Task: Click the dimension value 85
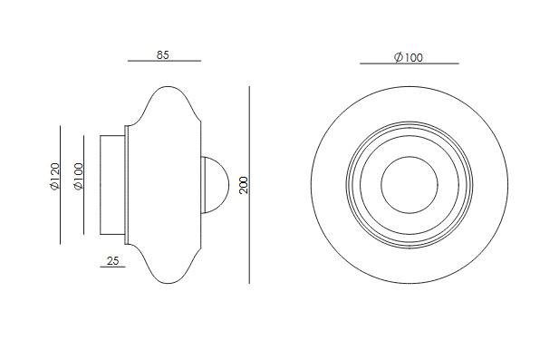(x=162, y=55)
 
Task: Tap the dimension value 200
(x=244, y=185)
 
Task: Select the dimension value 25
(x=112, y=261)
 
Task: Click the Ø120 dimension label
(x=54, y=177)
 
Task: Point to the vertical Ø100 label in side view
(x=78, y=177)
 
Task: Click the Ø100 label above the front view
(x=409, y=57)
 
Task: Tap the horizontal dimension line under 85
(x=164, y=61)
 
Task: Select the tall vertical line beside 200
(x=249, y=185)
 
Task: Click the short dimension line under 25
(x=112, y=267)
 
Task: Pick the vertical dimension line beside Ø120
(x=61, y=185)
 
